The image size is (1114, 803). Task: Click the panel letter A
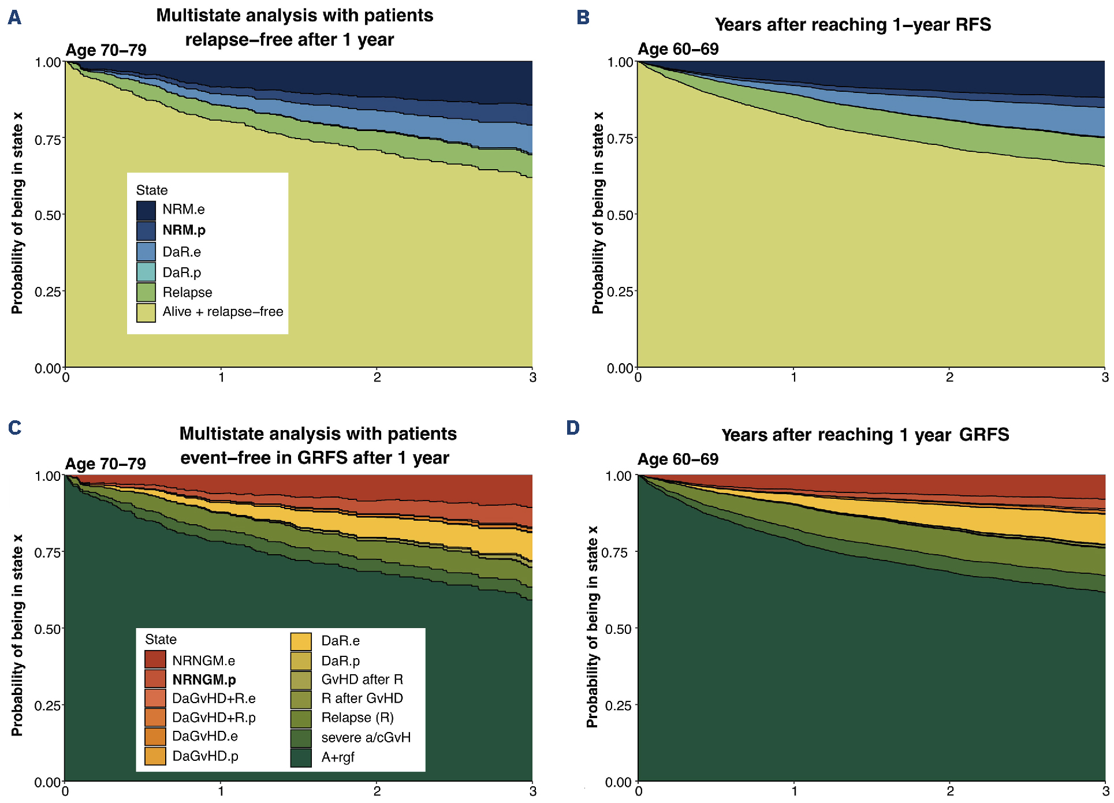(x=14, y=18)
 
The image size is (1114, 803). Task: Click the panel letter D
(x=572, y=428)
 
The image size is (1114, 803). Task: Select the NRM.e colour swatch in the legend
(x=146, y=210)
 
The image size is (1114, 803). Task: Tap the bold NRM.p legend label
(x=184, y=230)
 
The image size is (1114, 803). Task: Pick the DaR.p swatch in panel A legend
(x=146, y=272)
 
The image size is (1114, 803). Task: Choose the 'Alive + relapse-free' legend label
(x=222, y=312)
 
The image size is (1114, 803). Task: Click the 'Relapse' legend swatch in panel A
(x=146, y=292)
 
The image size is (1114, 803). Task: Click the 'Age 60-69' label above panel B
(x=678, y=49)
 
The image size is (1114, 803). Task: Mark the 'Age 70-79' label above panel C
(x=106, y=464)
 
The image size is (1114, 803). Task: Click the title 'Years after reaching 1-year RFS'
(x=852, y=25)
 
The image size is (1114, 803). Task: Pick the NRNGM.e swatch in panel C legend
(x=155, y=659)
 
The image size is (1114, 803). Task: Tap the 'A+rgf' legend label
(x=338, y=757)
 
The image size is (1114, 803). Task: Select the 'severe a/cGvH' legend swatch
(x=301, y=738)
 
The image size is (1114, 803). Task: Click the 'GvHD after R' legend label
(x=362, y=679)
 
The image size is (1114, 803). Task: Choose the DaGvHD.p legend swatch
(x=155, y=756)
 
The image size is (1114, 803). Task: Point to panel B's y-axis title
(x=597, y=213)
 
